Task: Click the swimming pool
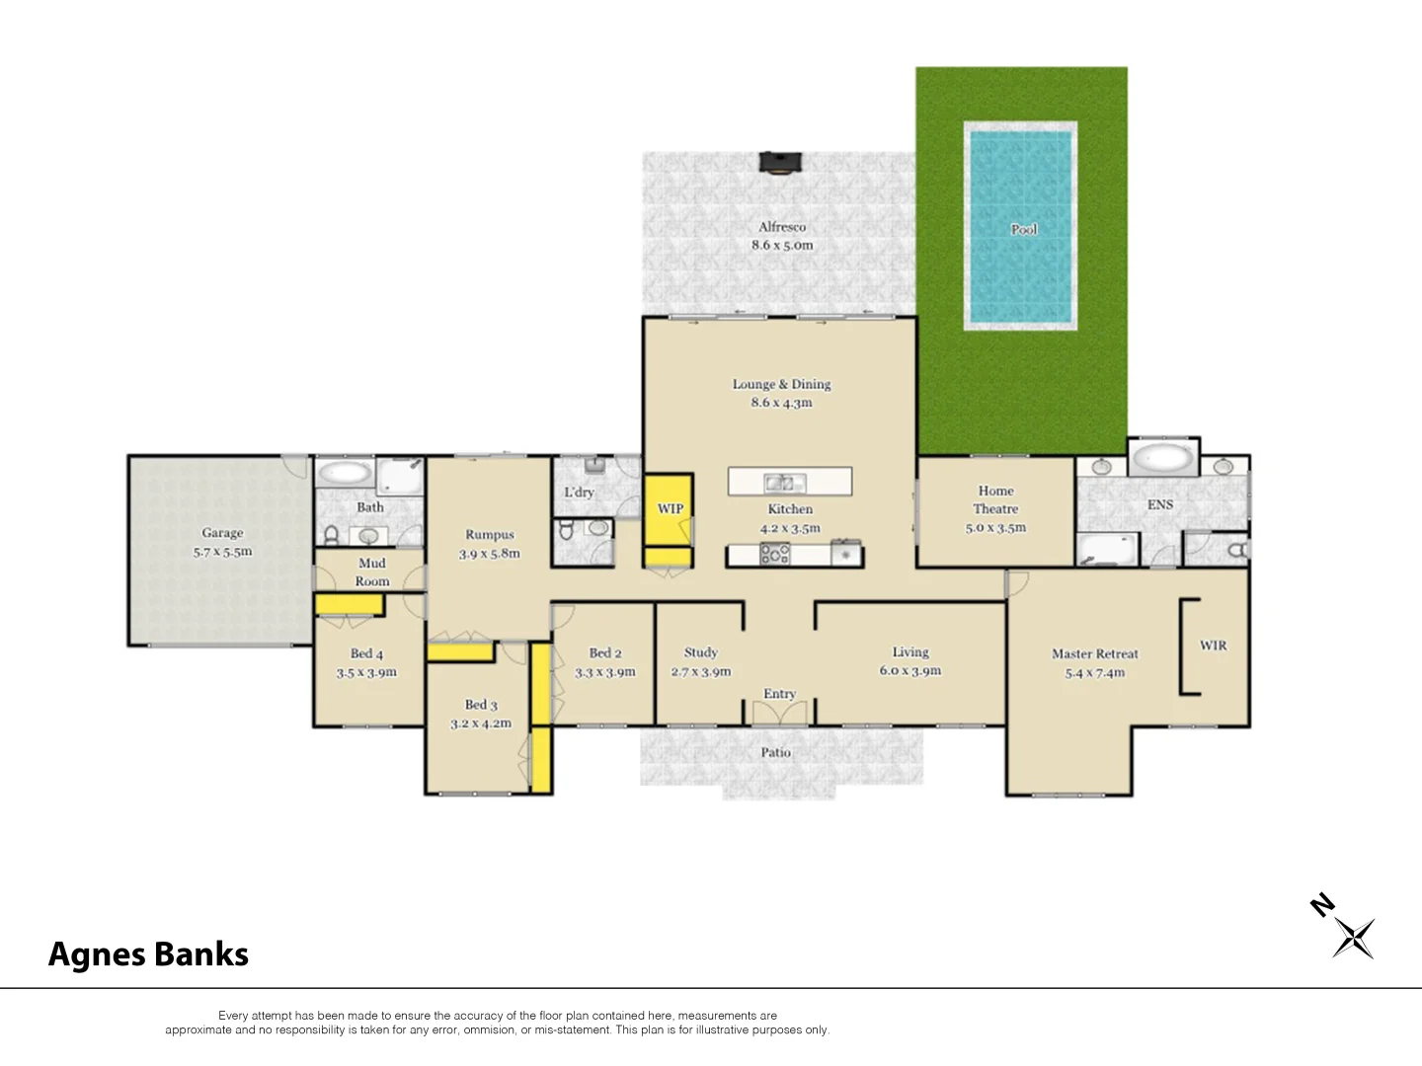tap(1020, 227)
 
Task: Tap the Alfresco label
tap(782, 227)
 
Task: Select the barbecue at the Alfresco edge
tap(780, 163)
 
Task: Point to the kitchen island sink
tap(783, 483)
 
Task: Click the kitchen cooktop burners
tap(774, 554)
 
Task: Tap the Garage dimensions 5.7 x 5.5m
tap(222, 552)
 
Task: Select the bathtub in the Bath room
tap(344, 472)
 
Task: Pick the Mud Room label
tap(372, 572)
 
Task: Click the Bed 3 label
tap(481, 705)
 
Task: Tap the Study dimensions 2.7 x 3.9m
tap(701, 672)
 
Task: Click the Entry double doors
tap(779, 713)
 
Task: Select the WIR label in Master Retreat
tap(1213, 646)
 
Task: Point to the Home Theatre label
tap(995, 499)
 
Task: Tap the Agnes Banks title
tap(148, 954)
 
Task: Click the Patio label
tap(775, 752)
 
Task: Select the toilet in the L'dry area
tap(567, 530)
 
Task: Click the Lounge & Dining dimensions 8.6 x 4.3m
tap(781, 403)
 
